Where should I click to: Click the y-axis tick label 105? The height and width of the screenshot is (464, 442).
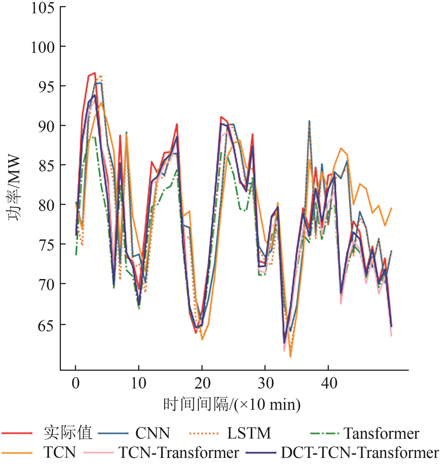(x=43, y=8)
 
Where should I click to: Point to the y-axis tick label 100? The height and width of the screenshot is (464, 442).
(x=43, y=48)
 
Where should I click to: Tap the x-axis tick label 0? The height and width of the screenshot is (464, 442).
(x=76, y=383)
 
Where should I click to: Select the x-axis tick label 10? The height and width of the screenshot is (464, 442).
(x=138, y=383)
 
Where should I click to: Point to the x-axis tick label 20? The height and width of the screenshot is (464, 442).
(x=202, y=383)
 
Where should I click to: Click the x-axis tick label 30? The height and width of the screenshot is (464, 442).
(x=266, y=383)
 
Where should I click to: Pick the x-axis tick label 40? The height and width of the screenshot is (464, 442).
(x=329, y=383)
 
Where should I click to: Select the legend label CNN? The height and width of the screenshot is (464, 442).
(x=153, y=433)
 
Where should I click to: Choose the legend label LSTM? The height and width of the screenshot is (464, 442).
(x=249, y=433)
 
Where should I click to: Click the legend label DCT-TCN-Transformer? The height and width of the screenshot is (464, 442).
(x=360, y=453)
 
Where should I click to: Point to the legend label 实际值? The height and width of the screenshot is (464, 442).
(x=68, y=433)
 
